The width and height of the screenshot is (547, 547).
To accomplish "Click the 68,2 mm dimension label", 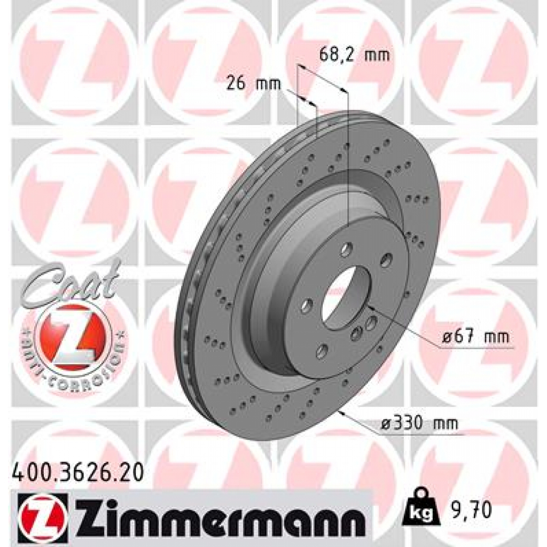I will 354,54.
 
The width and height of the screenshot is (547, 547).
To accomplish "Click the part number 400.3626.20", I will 77,473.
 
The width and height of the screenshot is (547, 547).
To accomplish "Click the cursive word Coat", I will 72,280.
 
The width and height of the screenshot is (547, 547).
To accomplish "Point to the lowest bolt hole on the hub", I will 322,350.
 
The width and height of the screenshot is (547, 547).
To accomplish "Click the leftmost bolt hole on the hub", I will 307,306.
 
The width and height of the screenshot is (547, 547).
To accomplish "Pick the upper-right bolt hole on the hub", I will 386,260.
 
